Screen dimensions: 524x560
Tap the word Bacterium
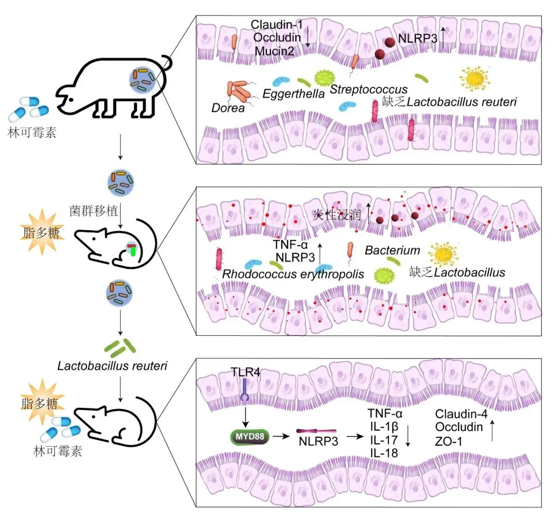(393, 250)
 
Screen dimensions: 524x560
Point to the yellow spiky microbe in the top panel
(474, 78)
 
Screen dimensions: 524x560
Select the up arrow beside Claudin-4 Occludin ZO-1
(491, 428)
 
